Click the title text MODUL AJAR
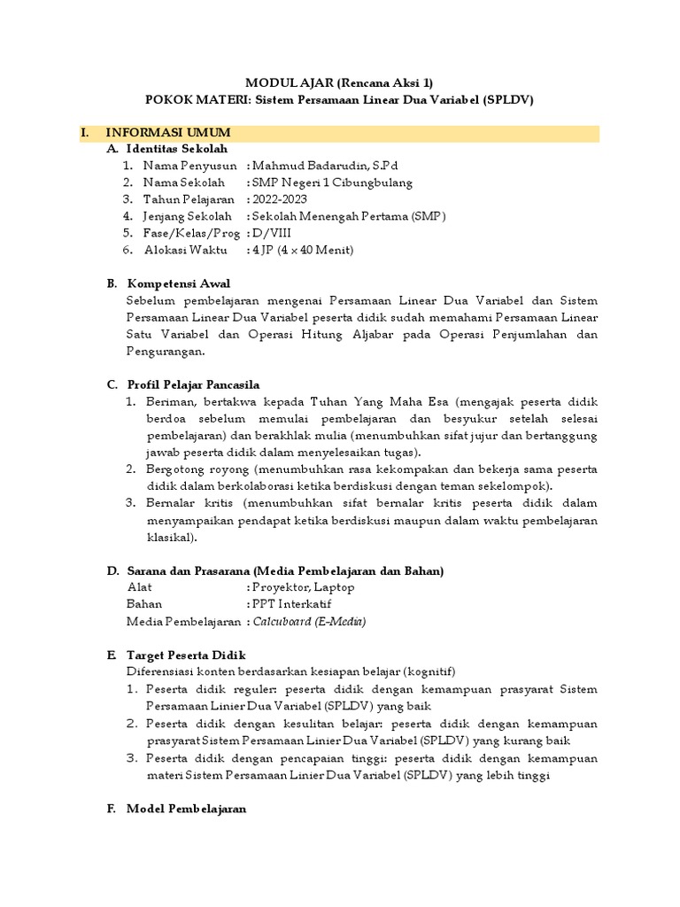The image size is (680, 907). [286, 82]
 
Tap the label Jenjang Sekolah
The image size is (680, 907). [189, 216]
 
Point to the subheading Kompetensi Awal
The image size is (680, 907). [179, 283]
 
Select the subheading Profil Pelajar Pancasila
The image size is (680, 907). [193, 384]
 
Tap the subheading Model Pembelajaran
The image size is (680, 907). [186, 809]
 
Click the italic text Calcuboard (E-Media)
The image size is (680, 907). [309, 622]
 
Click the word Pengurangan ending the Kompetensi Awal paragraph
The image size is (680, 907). [166, 351]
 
